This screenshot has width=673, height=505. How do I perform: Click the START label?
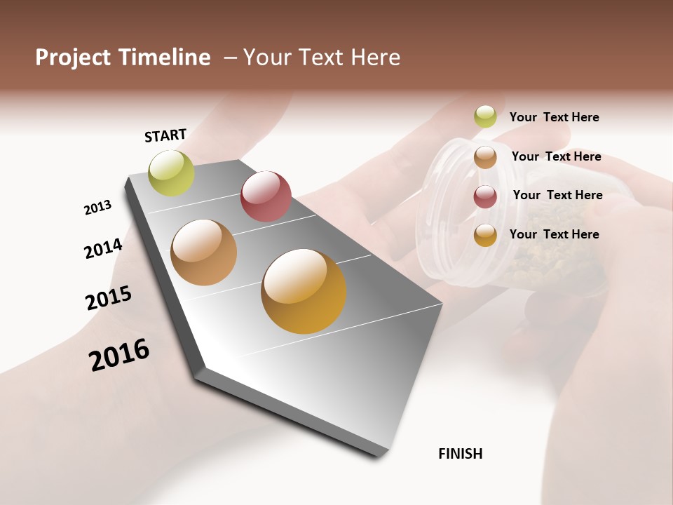tap(165, 135)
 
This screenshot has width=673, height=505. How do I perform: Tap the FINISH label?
tap(461, 454)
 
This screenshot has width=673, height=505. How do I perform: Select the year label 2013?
tap(97, 208)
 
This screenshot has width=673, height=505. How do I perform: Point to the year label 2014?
tap(104, 248)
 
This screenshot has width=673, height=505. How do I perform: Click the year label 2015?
tap(109, 298)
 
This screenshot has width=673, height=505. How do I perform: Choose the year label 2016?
tap(119, 355)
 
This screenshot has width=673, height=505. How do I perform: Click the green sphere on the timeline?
tap(171, 173)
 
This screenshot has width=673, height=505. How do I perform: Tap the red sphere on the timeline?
tap(266, 196)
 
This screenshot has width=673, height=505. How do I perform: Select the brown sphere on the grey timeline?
tap(203, 252)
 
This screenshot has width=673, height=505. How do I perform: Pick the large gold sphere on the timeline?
tap(304, 291)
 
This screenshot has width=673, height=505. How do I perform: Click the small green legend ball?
tap(485, 116)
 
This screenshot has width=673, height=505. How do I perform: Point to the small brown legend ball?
tap(485, 157)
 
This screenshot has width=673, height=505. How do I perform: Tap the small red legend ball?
tap(485, 196)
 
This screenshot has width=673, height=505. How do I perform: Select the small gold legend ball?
tap(485, 235)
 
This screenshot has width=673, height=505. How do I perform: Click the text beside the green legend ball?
tap(554, 117)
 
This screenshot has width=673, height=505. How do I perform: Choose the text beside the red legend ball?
tap(557, 195)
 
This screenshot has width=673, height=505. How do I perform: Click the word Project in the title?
tap(71, 58)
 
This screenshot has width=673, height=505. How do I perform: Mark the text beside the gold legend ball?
tap(554, 234)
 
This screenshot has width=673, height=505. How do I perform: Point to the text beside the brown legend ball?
tap(556, 156)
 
